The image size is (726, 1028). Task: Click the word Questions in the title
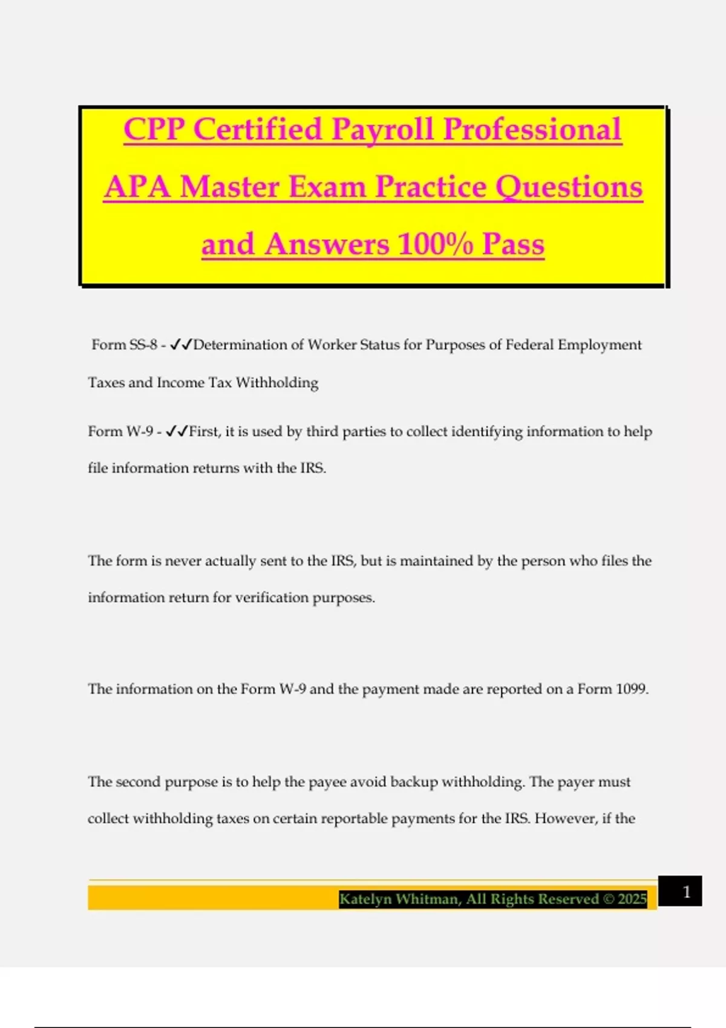[x=569, y=187]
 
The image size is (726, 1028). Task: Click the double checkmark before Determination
[x=181, y=345]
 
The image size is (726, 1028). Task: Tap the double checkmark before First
[x=176, y=431]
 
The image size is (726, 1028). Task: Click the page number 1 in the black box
[x=686, y=892]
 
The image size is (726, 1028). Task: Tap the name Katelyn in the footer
[x=365, y=899]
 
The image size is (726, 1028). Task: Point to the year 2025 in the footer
[x=632, y=899]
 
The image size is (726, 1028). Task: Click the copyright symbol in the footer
[x=609, y=899]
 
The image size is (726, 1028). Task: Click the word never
[x=183, y=561]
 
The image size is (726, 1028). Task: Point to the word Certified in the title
[x=258, y=130]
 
